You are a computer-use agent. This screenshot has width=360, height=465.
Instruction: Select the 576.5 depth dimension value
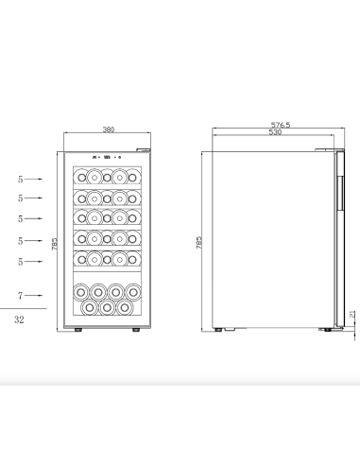click(x=280, y=124)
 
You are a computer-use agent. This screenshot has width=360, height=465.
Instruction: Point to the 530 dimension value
click(x=275, y=132)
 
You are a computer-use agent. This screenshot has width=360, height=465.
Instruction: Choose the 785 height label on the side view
click(x=198, y=243)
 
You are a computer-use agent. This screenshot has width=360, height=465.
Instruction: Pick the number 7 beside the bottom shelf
click(x=20, y=295)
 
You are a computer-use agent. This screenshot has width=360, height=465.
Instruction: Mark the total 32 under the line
click(x=20, y=319)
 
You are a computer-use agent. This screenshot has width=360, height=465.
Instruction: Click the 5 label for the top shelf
click(x=20, y=178)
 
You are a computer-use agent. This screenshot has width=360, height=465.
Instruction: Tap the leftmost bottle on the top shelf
click(x=82, y=177)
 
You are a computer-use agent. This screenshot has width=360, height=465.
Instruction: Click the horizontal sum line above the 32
click(x=22, y=308)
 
